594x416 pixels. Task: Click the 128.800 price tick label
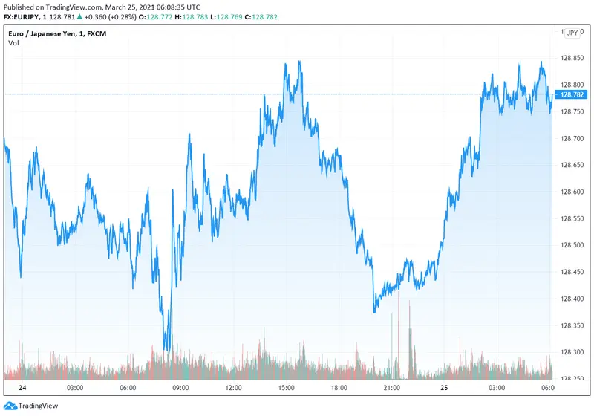(x=572, y=85)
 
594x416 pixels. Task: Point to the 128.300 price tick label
(x=572, y=352)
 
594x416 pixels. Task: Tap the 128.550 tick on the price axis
(x=572, y=218)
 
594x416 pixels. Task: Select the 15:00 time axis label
(x=287, y=388)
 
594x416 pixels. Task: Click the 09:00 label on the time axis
(x=180, y=388)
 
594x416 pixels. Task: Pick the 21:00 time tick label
(x=392, y=388)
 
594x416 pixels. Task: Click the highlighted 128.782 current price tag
(x=572, y=95)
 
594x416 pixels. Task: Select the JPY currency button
(x=572, y=33)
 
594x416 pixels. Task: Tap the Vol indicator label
(x=13, y=43)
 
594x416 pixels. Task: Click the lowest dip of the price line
(x=167, y=350)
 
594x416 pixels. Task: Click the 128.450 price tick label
(x=572, y=272)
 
